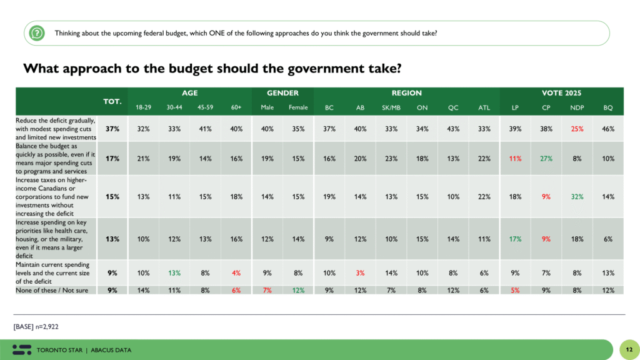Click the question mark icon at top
37,33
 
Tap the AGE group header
189,93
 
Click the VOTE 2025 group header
561,93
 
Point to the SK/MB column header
391,107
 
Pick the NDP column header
577,107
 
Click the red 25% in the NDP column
577,129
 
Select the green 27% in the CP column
546,159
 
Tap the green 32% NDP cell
577,196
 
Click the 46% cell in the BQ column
608,129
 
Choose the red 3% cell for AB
360,272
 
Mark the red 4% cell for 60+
236,272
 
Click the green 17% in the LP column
515,237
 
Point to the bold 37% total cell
112,129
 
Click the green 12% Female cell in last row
298,289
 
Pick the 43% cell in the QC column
453,129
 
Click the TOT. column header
112,101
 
